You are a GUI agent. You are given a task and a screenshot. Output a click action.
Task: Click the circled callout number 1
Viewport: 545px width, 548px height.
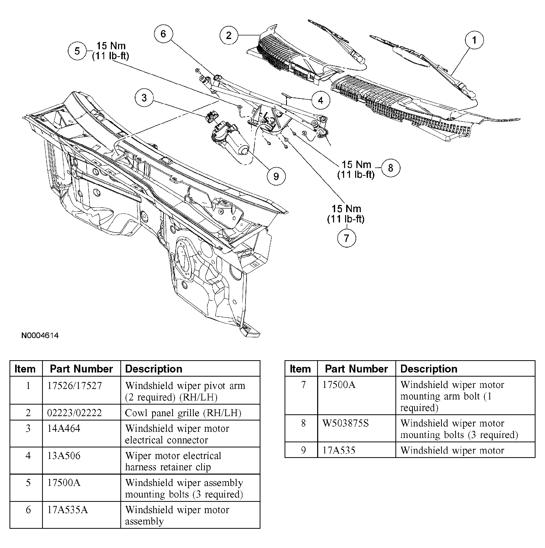[x=474, y=40]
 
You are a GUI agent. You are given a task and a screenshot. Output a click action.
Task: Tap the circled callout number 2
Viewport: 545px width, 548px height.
[x=229, y=35]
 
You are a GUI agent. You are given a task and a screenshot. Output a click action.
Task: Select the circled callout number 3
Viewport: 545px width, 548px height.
[x=144, y=98]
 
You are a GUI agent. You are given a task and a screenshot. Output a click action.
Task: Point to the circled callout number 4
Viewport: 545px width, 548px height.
[x=320, y=100]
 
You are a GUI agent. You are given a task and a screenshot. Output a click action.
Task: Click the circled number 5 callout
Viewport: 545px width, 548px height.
[x=77, y=51]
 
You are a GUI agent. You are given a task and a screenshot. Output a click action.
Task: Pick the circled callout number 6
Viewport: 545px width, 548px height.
[x=163, y=34]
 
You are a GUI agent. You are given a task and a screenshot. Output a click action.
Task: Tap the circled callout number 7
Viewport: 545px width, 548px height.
[x=346, y=238]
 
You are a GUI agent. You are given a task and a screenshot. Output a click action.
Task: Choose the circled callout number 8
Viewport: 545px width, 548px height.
[x=391, y=168]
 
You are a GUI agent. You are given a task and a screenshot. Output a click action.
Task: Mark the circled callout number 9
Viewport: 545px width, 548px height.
[x=276, y=177]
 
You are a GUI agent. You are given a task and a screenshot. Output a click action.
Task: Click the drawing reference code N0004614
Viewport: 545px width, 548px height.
[x=40, y=336]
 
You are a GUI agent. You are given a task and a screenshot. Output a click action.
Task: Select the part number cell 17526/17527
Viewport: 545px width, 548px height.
[x=74, y=386]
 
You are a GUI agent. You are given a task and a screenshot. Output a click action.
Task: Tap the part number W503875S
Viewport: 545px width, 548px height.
[x=345, y=423]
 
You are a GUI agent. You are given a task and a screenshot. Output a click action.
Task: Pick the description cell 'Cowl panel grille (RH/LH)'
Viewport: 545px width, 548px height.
[x=183, y=413]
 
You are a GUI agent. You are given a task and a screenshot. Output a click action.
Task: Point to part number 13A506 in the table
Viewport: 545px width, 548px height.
[x=64, y=456]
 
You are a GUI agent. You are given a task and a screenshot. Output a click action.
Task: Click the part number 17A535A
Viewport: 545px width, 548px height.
[x=67, y=510]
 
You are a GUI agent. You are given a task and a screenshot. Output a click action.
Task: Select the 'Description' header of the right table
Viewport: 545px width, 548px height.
[x=429, y=369]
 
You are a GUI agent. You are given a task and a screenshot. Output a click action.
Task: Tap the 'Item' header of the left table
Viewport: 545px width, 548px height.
[x=25, y=369]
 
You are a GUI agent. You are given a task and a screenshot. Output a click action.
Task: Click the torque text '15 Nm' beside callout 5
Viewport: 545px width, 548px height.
[x=111, y=46]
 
